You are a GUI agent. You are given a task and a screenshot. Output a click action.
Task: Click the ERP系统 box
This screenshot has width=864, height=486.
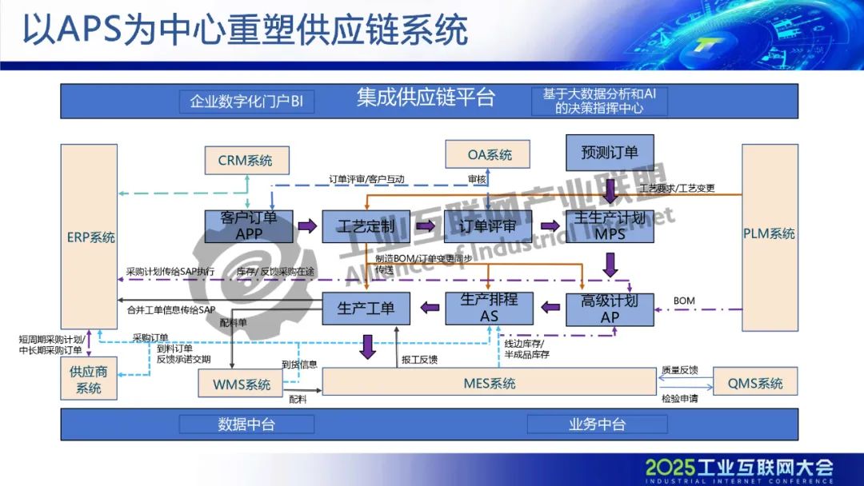90,237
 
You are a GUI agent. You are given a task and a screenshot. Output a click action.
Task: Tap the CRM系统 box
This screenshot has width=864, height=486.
245,161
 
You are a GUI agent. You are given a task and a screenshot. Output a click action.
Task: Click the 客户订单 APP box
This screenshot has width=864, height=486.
249,225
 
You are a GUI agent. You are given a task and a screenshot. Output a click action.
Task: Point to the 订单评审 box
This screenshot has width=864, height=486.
487,226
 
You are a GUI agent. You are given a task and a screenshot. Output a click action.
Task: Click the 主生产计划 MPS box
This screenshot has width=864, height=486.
610,225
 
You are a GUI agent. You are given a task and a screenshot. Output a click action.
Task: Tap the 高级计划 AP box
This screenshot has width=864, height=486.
610,309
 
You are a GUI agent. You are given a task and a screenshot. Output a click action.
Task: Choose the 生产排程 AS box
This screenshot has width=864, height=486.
488,309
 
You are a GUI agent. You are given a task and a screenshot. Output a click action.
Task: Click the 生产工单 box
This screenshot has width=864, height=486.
365,309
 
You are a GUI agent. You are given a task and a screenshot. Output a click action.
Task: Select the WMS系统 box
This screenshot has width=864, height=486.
242,384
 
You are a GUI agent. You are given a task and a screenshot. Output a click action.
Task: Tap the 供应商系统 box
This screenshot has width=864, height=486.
89,380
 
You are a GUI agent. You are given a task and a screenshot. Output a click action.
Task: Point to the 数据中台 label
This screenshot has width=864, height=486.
246,424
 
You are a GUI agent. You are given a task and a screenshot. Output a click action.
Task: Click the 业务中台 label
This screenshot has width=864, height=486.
597,424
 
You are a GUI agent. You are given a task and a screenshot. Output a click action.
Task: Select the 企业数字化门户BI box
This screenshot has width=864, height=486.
246,102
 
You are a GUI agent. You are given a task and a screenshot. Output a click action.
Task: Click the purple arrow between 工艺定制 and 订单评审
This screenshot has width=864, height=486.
430,226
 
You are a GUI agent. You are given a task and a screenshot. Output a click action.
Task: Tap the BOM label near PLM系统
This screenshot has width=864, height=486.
684,301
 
